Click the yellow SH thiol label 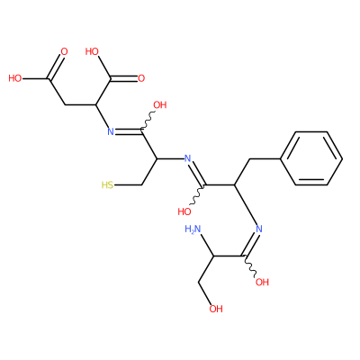point(107,184)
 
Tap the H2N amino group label point(193,229)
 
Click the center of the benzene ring point(311,158)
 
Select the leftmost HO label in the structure point(15,78)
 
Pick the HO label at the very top point(92,51)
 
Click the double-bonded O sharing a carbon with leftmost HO point(64,51)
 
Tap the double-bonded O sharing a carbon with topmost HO point(141,78)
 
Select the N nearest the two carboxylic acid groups point(111,131)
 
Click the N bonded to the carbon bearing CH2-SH point(187,158)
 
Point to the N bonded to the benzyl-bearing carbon point(259,229)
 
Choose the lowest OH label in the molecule point(216,309)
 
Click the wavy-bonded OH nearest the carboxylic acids point(160,105)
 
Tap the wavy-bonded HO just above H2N point(184,211)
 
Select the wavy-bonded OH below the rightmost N point(262,282)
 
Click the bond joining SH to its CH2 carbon point(128,185)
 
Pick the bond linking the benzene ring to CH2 point(265,158)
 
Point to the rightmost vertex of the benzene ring point(342,158)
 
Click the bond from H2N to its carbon point(206,245)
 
